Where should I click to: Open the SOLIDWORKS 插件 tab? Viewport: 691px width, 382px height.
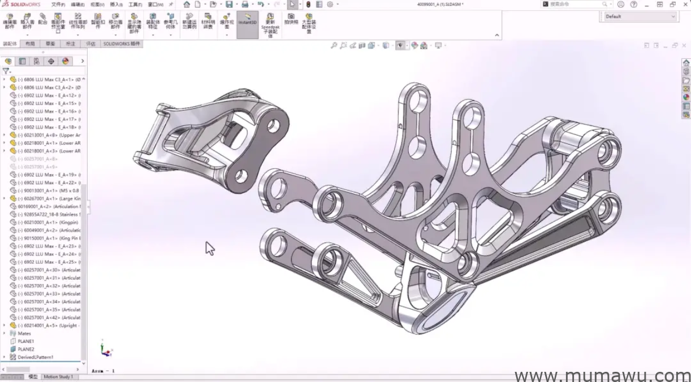coord(122,44)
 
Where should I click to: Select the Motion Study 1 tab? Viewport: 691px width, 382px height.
coord(58,377)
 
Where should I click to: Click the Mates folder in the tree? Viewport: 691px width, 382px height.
coord(24,333)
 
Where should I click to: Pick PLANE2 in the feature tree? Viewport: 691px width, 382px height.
coord(26,349)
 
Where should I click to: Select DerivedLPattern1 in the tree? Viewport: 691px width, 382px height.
coord(35,357)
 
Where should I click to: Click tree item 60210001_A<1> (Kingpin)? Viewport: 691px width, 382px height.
coord(49,222)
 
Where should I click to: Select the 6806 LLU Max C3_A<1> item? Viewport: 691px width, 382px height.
coord(49,80)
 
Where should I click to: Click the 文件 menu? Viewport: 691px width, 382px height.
coord(58,5)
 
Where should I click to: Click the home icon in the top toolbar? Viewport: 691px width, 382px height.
coord(187,5)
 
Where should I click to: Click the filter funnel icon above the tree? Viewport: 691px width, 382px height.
coord(6,71)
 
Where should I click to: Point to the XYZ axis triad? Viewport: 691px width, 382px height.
coord(105,349)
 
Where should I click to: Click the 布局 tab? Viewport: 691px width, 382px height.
coord(31,44)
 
